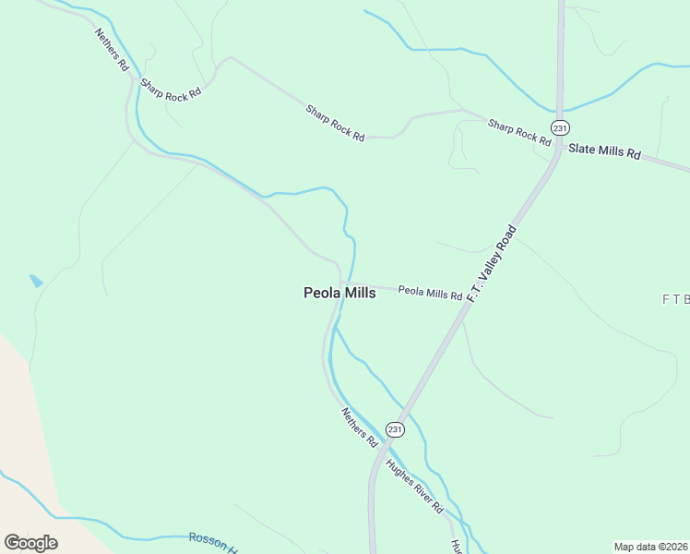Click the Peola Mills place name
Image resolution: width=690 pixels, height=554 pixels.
tap(339, 293)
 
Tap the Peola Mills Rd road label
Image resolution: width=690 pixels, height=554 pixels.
tap(430, 294)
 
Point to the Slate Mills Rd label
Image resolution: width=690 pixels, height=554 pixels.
tap(604, 151)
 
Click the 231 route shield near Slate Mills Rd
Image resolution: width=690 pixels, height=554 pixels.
tap(559, 127)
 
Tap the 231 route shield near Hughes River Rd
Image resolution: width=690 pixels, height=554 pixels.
tap(395, 429)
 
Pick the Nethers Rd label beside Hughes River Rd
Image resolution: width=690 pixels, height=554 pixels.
tap(360, 428)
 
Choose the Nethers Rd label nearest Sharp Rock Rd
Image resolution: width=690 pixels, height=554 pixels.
tap(111, 50)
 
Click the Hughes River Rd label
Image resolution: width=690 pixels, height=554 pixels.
tap(415, 486)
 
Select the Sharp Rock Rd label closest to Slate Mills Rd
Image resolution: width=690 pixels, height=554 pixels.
tap(518, 132)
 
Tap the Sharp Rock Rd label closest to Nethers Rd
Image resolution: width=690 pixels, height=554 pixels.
tap(171, 95)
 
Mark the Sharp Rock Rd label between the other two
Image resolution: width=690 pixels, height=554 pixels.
tap(335, 123)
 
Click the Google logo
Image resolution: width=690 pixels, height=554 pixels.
tap(30, 543)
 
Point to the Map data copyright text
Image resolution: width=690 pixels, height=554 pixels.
tap(650, 547)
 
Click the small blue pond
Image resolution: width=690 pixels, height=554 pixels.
tap(36, 281)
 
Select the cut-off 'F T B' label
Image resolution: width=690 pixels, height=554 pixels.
tap(675, 299)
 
